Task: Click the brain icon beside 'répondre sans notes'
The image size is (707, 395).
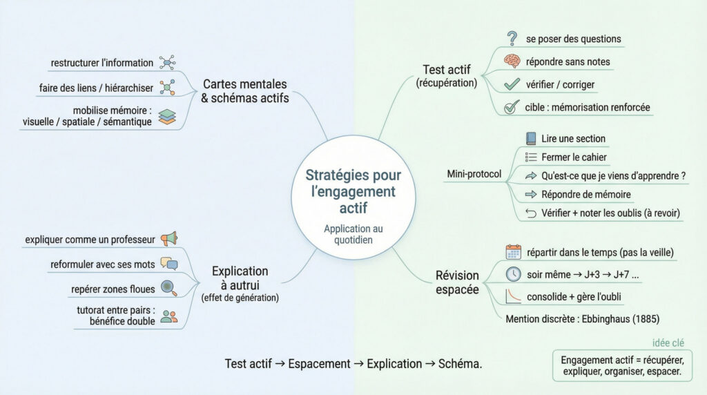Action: click(x=512, y=61)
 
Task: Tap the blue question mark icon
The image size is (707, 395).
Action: click(x=512, y=38)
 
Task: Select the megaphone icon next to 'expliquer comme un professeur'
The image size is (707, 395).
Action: click(x=168, y=239)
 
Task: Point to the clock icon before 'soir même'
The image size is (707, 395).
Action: click(x=512, y=273)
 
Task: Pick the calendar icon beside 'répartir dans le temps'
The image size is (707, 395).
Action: click(x=512, y=251)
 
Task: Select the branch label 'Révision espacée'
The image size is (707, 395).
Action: click(x=457, y=282)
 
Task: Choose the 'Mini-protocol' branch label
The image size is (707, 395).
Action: click(x=474, y=173)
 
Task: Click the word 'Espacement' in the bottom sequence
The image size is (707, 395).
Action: click(x=319, y=364)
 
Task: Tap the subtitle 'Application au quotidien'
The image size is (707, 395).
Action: click(x=353, y=235)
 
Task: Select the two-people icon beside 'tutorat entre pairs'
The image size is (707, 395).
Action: click(x=168, y=316)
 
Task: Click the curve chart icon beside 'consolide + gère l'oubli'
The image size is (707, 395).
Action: click(x=512, y=297)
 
